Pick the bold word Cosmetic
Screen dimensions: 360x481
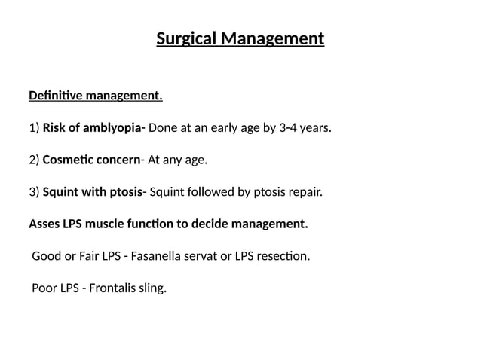[66, 160]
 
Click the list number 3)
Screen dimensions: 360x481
[34, 192]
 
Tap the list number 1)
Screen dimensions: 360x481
[34, 128]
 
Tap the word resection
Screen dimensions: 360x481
[284, 256]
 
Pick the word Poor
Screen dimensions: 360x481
[44, 288]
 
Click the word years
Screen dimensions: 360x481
[316, 128]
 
